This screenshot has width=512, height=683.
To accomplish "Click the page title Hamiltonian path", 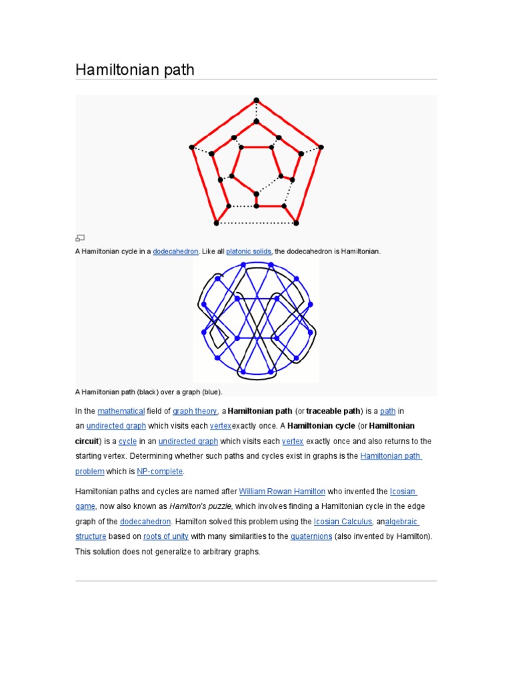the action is tap(135, 69).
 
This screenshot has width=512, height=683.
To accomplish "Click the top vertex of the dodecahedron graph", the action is tap(256, 101).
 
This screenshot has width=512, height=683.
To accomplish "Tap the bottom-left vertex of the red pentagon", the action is tap(216, 223).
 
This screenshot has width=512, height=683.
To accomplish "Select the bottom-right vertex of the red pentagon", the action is tap(297, 223).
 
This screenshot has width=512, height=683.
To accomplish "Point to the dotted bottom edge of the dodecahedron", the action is tap(256, 223).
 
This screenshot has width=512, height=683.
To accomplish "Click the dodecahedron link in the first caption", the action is tap(175, 251).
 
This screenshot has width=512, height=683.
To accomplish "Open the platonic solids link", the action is tap(249, 251).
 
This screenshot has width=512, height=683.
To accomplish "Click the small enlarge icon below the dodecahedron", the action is tap(80, 237).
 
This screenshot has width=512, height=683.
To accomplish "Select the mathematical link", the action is tap(121, 411).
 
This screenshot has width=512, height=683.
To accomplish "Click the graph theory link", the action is tap(195, 411).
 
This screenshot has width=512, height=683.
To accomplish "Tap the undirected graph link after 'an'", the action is tap(116, 426).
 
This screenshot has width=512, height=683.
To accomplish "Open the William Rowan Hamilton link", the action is tap(282, 491).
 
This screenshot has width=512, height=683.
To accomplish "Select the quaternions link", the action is tap(311, 536).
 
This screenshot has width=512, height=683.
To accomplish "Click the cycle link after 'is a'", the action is tap(127, 441).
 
